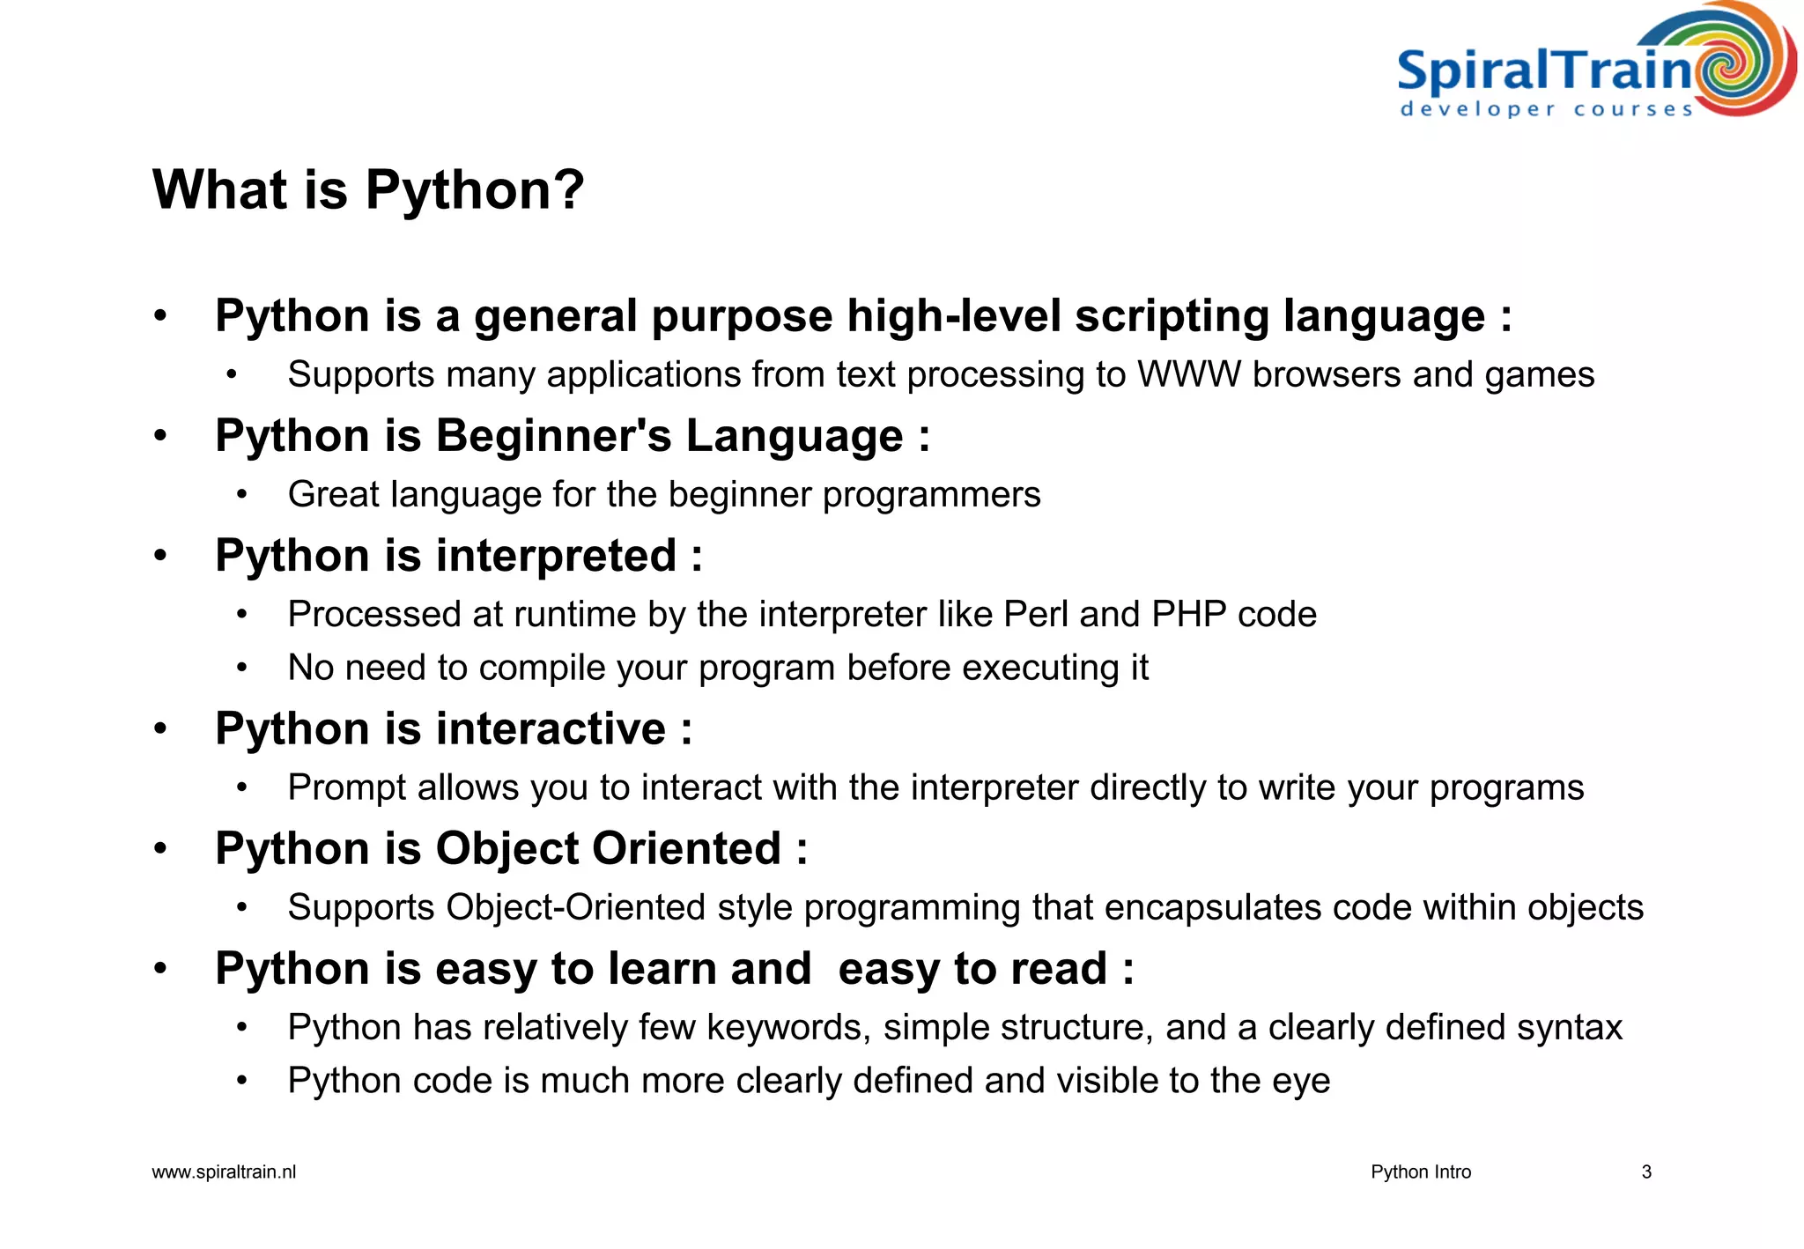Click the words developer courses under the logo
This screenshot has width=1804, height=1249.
1546,110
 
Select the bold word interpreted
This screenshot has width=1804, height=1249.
556,557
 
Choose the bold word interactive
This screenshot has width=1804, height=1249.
551,729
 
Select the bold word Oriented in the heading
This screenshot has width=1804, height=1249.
686,849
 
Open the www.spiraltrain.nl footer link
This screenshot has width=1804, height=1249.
224,1172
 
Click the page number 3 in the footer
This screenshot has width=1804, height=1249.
1645,1172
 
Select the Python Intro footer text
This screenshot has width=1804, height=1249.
1420,1172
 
